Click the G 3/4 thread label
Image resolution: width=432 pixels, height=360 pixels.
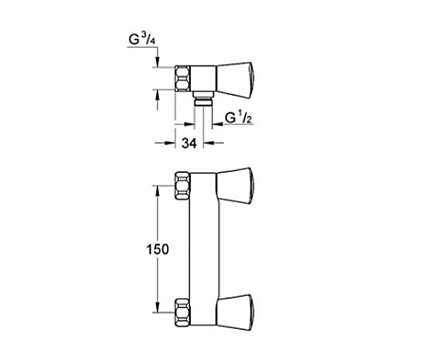[x=142, y=40]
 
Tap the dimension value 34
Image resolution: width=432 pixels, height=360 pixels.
[x=189, y=143]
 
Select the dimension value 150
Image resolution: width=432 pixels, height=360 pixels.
[x=157, y=249]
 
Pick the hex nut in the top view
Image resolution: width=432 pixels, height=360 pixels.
[x=183, y=78]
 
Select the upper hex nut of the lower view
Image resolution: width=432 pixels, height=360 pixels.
[x=183, y=186]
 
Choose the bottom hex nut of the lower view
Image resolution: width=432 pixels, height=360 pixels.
[x=183, y=312]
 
